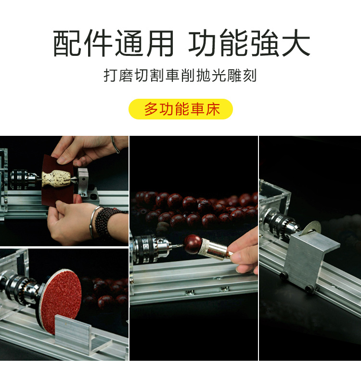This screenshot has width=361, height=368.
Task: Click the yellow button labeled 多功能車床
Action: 180,109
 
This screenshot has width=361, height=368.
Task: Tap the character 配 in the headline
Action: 67,43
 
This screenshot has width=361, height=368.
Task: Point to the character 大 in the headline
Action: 296,43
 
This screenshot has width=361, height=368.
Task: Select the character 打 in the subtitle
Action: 110,75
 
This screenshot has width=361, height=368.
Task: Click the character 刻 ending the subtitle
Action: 250,75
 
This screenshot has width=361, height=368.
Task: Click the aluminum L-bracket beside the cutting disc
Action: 309,261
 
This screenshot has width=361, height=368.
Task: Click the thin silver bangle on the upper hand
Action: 116,145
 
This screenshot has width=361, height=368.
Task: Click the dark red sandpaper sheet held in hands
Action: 57,181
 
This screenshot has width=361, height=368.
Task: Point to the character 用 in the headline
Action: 160,43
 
